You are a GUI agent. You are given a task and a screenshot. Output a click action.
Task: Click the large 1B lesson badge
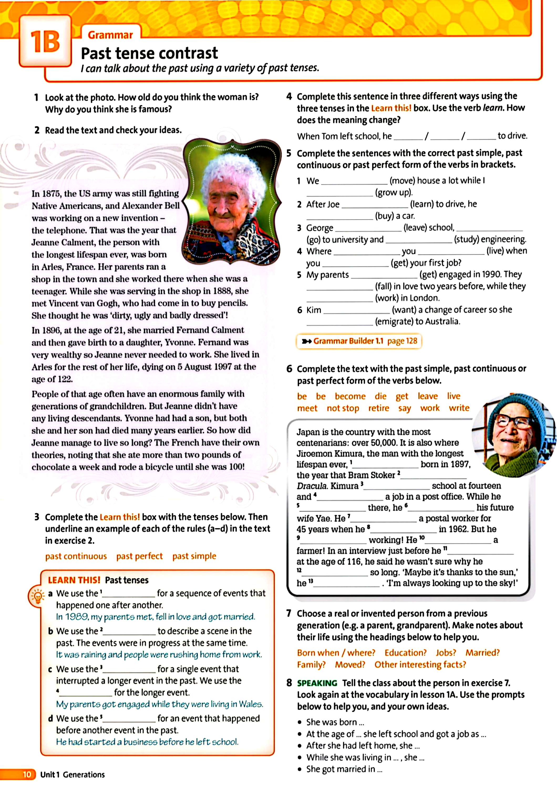(x=45, y=42)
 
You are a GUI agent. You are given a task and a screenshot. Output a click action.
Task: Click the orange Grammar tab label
(x=110, y=35)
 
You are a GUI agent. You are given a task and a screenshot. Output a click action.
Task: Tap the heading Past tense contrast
(x=149, y=54)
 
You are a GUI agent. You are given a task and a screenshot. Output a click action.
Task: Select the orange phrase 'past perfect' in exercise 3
(x=139, y=556)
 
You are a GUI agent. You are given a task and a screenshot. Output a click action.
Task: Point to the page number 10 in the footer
(x=27, y=775)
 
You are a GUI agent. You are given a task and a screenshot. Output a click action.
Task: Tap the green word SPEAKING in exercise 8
(x=317, y=683)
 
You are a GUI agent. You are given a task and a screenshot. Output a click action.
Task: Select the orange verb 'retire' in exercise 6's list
(x=379, y=408)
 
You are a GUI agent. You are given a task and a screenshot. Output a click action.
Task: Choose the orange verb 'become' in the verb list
(x=350, y=396)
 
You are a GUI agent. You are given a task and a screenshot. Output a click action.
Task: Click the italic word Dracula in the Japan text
(x=312, y=486)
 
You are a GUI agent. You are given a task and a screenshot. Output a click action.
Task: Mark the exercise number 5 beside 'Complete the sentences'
(x=289, y=153)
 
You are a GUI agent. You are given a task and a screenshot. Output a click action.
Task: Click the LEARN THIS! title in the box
(x=74, y=580)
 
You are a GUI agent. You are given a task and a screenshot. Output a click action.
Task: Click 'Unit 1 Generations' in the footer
(x=73, y=775)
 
